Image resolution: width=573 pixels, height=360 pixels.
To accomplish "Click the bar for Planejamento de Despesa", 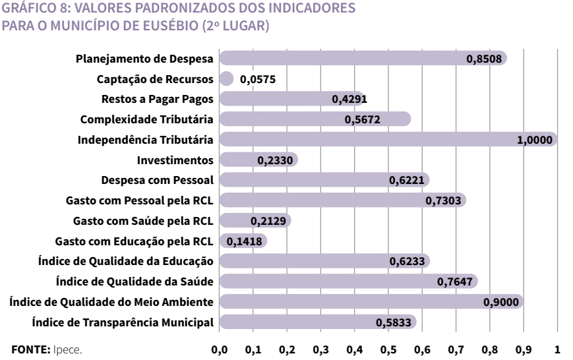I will tap(363, 59).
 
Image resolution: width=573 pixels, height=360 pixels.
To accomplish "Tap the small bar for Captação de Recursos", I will tap(226, 79).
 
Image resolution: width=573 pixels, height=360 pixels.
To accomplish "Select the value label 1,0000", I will tap(538, 140).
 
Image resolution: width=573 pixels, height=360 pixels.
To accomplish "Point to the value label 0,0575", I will tap(258, 79).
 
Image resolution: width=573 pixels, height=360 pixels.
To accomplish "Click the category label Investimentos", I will tap(175, 160).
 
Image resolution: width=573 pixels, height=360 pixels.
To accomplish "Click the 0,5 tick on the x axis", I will tap(388, 349).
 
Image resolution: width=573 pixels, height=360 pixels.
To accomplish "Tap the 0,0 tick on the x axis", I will tap(220, 349).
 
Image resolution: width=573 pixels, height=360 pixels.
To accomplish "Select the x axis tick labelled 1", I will tap(557, 349).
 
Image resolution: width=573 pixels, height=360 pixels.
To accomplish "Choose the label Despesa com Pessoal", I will tap(158, 180).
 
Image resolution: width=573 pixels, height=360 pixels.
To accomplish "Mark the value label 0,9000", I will tap(502, 302).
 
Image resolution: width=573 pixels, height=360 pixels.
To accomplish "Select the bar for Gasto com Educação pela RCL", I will tap(243, 241).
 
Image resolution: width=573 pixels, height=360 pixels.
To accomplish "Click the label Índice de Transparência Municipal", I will tap(123, 322).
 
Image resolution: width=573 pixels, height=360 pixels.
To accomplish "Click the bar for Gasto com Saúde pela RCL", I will tap(254, 221).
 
